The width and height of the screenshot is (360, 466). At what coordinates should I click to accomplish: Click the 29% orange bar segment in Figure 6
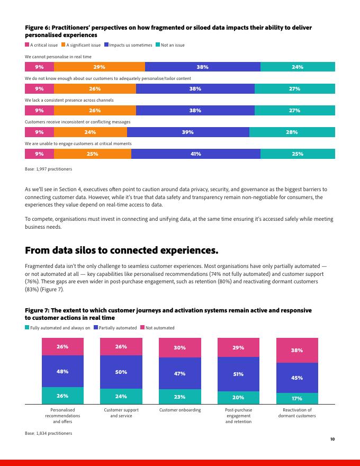click(x=100, y=67)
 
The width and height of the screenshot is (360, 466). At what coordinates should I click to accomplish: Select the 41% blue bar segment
click(x=196, y=154)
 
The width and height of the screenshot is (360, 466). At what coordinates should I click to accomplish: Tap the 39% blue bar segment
click(x=188, y=132)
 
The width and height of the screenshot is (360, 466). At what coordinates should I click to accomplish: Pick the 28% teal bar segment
click(x=292, y=132)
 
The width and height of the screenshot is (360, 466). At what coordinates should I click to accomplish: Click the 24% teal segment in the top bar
click(x=298, y=67)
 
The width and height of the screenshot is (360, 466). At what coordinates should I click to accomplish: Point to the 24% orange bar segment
click(x=91, y=132)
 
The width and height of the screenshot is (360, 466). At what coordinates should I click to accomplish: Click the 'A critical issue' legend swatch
click(x=28, y=45)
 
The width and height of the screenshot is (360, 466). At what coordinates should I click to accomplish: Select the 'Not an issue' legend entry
click(x=170, y=45)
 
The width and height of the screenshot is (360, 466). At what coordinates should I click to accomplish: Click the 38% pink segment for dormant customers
click(x=297, y=351)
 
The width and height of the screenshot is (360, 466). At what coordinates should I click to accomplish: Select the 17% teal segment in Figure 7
click(x=297, y=399)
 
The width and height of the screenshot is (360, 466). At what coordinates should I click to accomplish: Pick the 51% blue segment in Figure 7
click(x=238, y=374)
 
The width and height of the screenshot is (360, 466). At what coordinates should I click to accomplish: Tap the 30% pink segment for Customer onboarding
click(x=179, y=348)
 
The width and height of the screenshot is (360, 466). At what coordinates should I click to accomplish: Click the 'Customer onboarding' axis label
click(x=180, y=410)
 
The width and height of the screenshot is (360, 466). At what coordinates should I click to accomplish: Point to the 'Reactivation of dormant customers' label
click(x=297, y=413)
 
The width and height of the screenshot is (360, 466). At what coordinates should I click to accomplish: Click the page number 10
click(x=332, y=439)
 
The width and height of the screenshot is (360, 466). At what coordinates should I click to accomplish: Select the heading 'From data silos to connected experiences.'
click(x=122, y=250)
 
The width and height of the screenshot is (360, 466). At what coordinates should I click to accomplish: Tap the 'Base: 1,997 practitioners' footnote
click(x=49, y=169)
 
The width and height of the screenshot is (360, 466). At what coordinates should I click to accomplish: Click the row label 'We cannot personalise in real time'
click(x=58, y=57)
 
